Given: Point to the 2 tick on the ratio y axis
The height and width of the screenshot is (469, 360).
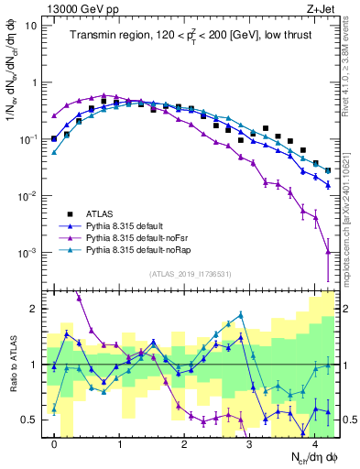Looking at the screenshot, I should pos(35,309).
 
